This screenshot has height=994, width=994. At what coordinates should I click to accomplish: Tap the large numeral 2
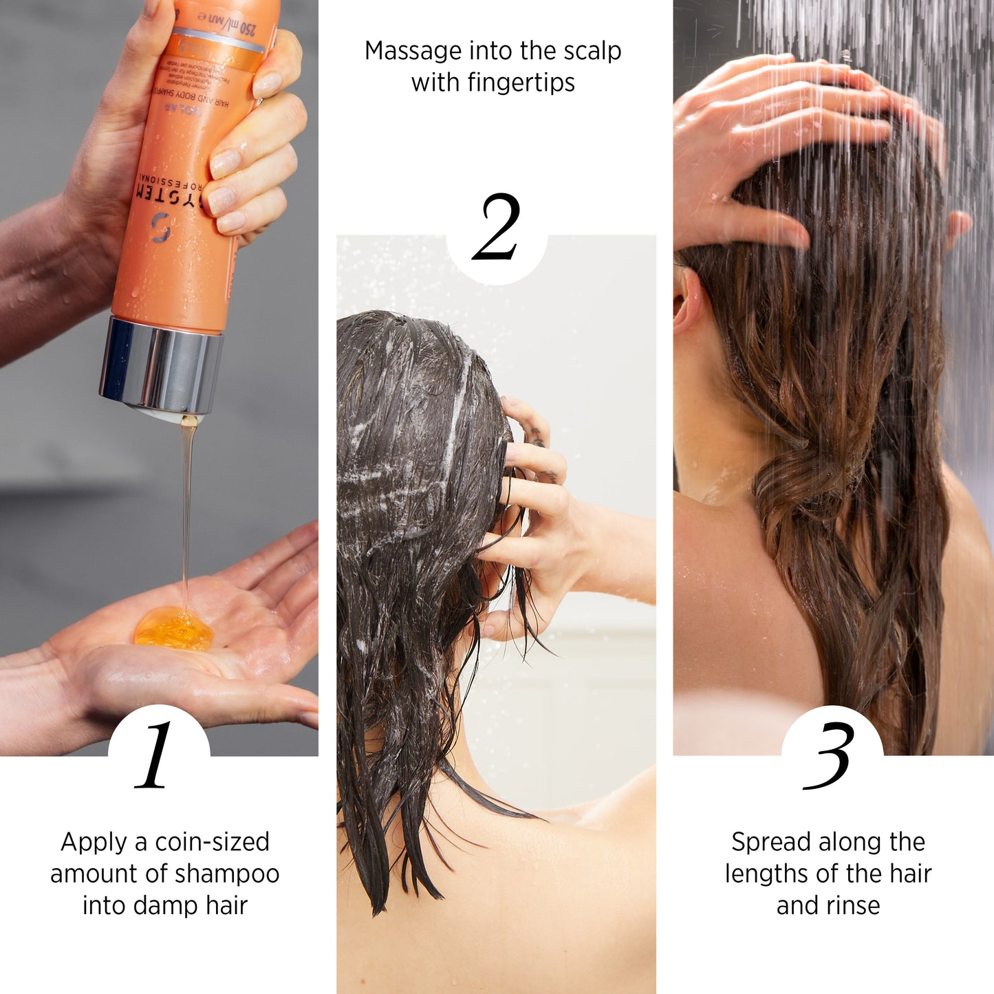pos(497,227)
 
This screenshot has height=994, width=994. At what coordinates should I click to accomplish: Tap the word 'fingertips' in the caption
pos(521,83)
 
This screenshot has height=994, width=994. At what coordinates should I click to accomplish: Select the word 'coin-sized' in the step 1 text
pos(212,842)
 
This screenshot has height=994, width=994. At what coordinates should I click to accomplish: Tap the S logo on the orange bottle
pos(160,228)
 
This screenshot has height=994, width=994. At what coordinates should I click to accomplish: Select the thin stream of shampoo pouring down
pos(186,509)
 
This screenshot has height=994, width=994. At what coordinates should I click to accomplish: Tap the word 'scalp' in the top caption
pos(592,51)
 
